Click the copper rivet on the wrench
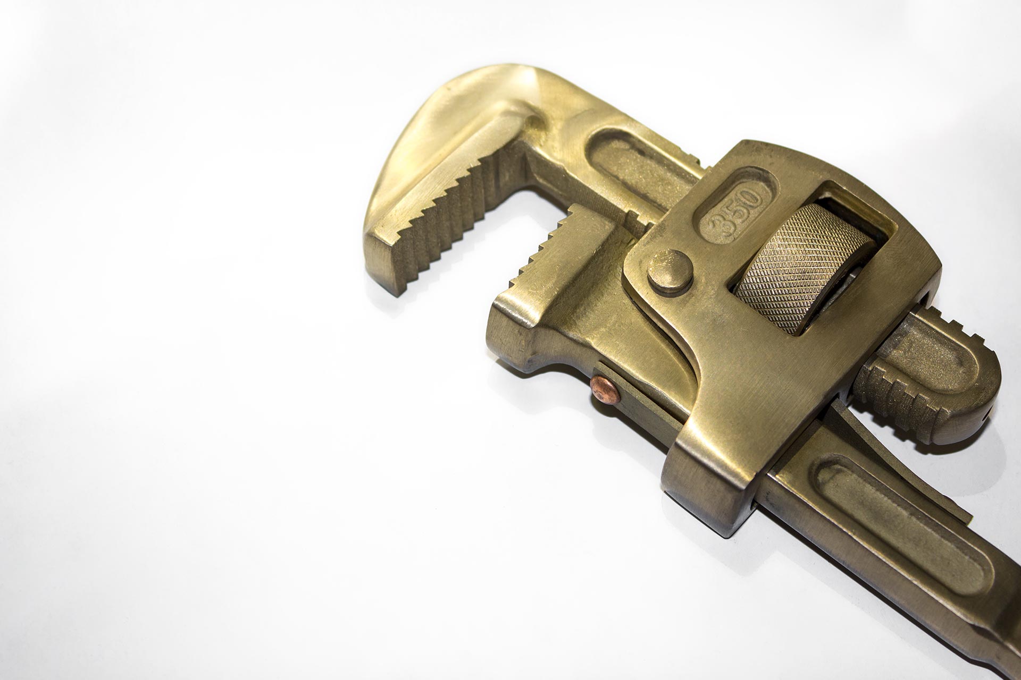pyautogui.click(x=605, y=390)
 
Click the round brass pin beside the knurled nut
pyautogui.click(x=670, y=272)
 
